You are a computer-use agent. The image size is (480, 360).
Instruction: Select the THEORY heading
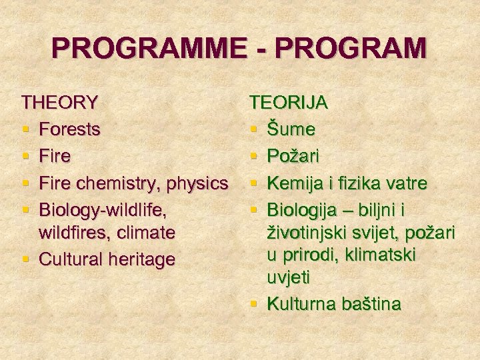coord(60,103)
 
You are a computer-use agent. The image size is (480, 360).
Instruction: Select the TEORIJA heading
coord(288,103)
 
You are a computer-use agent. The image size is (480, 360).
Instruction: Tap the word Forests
coord(70,129)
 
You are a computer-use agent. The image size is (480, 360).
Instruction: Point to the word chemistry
coord(113,183)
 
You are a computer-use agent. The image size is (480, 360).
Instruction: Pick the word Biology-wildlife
coord(101,210)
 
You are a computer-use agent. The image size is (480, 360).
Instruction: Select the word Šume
coord(291,129)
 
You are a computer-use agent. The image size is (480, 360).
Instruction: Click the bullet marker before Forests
coord(25,129)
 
